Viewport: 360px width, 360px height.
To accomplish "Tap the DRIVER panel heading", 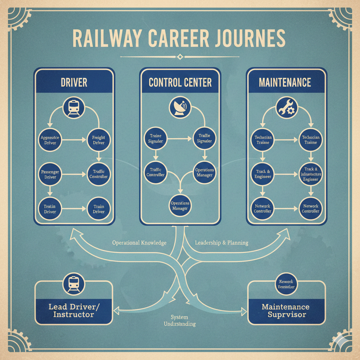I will (x=74, y=83).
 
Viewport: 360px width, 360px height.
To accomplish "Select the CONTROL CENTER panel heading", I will (x=180, y=83).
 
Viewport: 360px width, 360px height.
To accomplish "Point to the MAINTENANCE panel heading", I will (x=285, y=83).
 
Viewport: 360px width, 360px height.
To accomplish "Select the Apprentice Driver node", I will (x=50, y=140).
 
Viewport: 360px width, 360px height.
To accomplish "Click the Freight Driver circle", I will (x=99, y=140).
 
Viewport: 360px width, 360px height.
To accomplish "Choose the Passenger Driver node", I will (x=50, y=174).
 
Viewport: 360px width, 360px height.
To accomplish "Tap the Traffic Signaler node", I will (x=204, y=138).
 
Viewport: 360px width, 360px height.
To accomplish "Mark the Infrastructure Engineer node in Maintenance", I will (x=310, y=174).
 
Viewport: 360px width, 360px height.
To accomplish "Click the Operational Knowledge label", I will (x=139, y=243).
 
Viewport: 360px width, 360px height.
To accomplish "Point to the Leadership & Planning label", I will (x=221, y=243).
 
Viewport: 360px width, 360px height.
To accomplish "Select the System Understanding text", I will (x=180, y=320).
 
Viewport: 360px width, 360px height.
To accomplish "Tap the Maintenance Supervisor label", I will (x=285, y=311).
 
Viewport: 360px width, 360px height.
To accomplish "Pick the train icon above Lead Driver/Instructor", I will (x=74, y=284).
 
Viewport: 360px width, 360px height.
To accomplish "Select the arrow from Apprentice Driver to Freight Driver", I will (x=74, y=140).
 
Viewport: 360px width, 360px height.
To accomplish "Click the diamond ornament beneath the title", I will (x=180, y=57).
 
